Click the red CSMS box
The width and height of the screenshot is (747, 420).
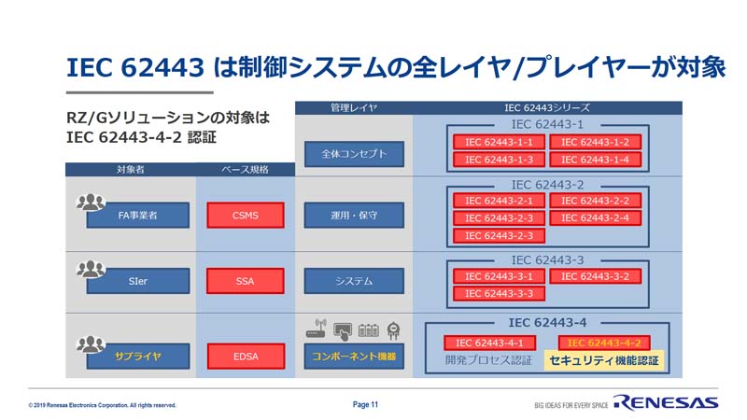pos(246,216)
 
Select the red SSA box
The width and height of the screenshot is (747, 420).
pos(246,281)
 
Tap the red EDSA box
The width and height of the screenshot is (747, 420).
pos(246,357)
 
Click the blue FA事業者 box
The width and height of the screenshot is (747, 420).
pos(137,216)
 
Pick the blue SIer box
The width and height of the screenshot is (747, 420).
pos(137,281)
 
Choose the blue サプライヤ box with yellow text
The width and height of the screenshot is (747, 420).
pos(137,357)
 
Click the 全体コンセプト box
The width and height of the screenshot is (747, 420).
pos(354,154)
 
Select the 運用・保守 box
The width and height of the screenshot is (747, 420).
pos(354,216)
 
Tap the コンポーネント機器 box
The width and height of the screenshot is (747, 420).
pos(354,357)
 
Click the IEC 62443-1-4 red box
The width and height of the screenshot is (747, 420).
pos(595,160)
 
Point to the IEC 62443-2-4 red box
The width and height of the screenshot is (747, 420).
pos(595,218)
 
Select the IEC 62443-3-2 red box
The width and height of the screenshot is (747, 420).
pos(595,276)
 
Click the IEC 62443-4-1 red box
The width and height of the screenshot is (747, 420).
pos(489,343)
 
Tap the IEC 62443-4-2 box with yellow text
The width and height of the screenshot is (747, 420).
pos(604,343)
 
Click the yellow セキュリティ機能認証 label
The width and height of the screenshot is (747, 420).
pos(604,360)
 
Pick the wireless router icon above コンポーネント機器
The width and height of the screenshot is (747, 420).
pos(317,329)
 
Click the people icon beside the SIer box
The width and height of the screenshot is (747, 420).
pos(91,270)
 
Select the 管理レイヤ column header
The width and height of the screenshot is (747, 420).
pos(354,108)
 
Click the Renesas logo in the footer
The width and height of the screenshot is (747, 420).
pos(666,403)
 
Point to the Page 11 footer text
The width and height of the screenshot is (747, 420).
pos(365,404)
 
